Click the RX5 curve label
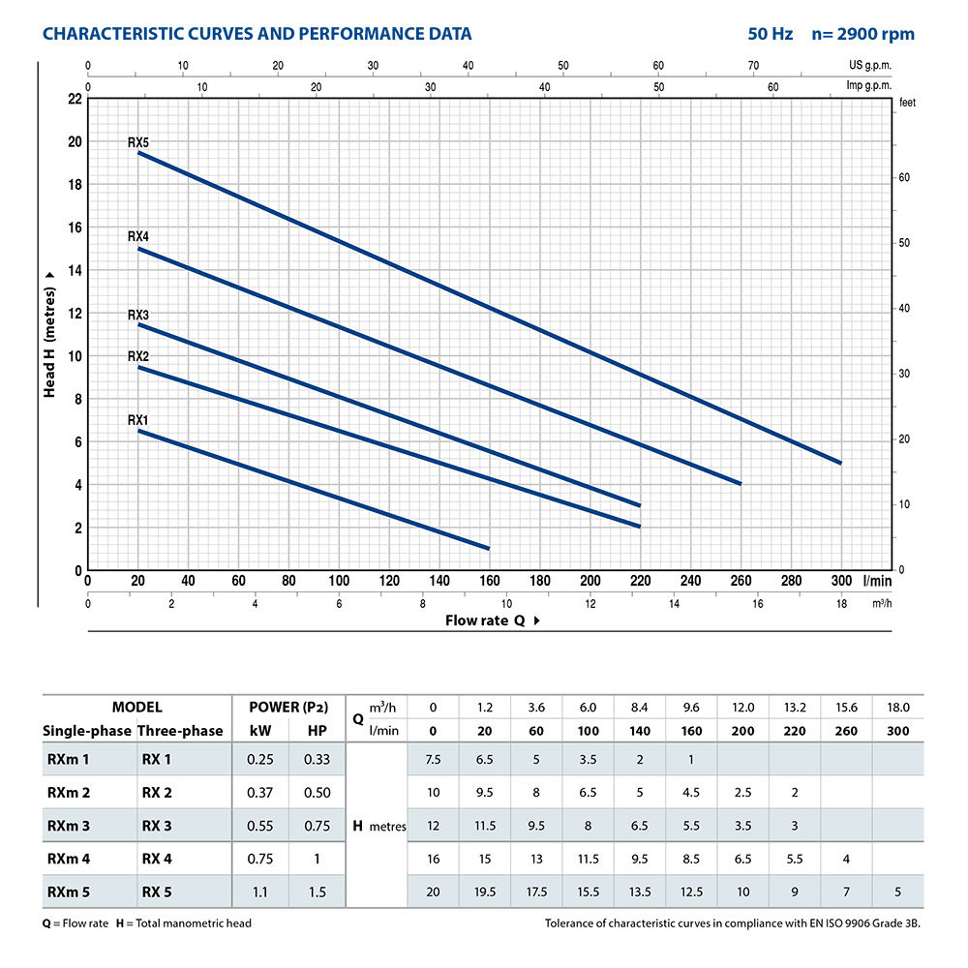[138, 142]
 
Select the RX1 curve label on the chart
[138, 420]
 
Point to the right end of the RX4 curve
[741, 483]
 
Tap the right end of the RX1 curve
[489, 548]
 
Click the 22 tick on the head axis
[76, 99]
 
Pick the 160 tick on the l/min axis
[490, 581]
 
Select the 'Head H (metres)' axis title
[49, 335]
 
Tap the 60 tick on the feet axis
[905, 178]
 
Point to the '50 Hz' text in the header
[771, 34]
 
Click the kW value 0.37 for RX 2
[260, 793]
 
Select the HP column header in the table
[317, 731]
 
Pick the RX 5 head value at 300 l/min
[898, 892]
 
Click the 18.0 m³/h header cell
[898, 708]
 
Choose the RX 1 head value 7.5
[434, 759]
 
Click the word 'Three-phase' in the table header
[180, 731]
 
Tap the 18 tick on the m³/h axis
[841, 603]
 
